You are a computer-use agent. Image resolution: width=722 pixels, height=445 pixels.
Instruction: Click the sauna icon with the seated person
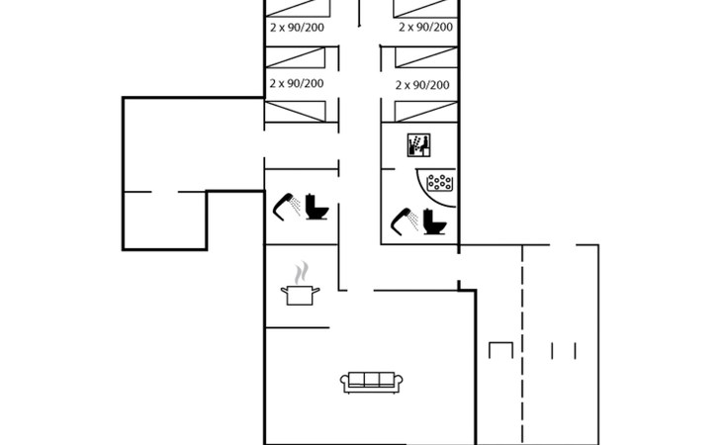point(418,145)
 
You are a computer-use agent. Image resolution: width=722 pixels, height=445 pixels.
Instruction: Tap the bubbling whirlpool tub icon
point(440,183)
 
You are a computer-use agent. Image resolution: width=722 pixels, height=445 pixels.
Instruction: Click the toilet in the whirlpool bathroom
point(434,222)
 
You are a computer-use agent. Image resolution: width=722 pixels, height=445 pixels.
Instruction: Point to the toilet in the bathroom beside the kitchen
point(317,207)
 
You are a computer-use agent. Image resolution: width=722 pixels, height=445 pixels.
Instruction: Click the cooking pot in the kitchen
point(301,295)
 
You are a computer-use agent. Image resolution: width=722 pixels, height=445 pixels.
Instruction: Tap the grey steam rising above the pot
point(301,272)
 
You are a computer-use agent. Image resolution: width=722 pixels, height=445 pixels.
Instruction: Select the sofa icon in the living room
point(372,383)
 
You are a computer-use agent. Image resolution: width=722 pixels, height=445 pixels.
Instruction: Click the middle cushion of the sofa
point(372,380)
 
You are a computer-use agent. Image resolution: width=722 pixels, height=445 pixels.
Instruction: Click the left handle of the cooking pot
point(284,290)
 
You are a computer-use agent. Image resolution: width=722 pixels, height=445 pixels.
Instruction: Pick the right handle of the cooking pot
point(316,290)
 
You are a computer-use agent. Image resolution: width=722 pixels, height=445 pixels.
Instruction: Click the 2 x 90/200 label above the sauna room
point(422,85)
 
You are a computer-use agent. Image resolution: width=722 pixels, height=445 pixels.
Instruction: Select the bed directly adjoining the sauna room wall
point(426,112)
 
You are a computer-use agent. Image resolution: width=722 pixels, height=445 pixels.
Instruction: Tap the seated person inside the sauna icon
point(424,146)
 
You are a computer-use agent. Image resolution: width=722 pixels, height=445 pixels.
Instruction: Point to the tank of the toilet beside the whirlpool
point(428,216)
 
